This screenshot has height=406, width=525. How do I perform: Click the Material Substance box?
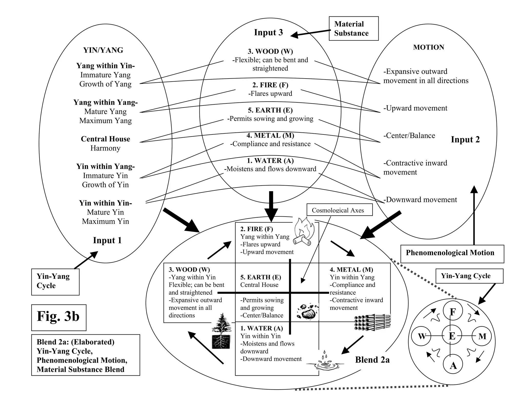pos(354,28)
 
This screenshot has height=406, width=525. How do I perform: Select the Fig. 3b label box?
pos(59,317)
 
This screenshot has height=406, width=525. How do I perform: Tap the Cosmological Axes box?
pos(339,210)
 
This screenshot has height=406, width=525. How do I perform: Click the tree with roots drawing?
pos(221,331)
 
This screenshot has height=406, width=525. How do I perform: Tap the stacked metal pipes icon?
pos(372,322)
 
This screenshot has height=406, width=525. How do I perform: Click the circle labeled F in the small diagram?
pos(453,311)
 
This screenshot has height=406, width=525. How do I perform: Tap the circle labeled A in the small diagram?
pos(453,365)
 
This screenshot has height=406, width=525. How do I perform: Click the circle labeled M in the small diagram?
pos(482,336)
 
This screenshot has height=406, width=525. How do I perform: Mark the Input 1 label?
pos(107,240)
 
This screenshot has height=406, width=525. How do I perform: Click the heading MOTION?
pos(428,47)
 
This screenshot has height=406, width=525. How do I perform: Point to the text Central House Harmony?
pos(105,143)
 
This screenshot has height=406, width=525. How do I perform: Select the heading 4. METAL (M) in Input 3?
pos(270,135)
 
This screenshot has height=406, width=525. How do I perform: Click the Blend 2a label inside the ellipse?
pos(372,360)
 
